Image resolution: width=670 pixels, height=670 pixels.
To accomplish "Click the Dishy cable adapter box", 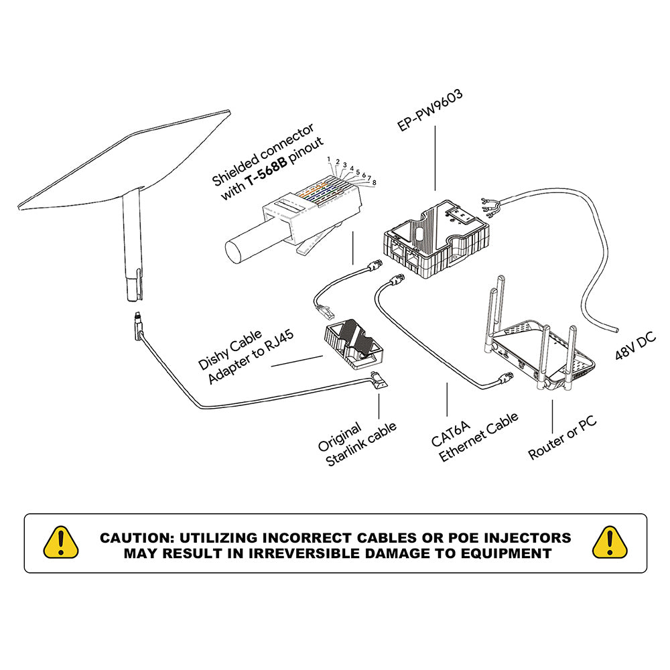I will (x=355, y=342).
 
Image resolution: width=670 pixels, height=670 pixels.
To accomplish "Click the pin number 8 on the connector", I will (x=373, y=182).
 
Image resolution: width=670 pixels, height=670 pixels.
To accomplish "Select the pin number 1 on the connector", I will (x=329, y=159).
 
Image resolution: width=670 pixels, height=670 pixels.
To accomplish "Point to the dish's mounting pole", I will (x=132, y=248).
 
